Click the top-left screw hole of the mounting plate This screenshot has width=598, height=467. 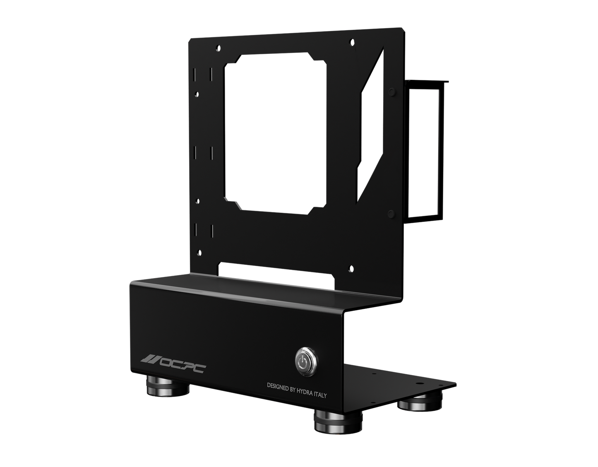[x=217, y=47]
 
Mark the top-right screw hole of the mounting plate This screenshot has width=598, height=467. [x=351, y=41]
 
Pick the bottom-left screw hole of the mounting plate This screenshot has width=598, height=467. [x=199, y=251]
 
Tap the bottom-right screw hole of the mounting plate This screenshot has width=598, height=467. [x=351, y=267]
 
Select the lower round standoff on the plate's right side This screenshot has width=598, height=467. [x=391, y=213]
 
